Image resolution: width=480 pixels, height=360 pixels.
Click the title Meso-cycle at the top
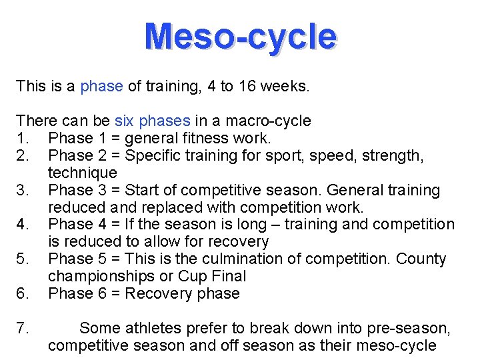(240, 36)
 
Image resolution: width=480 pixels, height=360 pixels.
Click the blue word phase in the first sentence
(101, 86)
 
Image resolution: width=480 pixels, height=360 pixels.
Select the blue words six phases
(153, 121)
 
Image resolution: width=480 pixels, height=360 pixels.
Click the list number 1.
(21, 138)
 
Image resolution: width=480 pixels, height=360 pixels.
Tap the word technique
(82, 173)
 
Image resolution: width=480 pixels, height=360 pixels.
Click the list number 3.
(22, 190)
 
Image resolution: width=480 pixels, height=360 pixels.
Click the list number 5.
(22, 259)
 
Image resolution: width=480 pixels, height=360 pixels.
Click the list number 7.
(22, 328)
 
